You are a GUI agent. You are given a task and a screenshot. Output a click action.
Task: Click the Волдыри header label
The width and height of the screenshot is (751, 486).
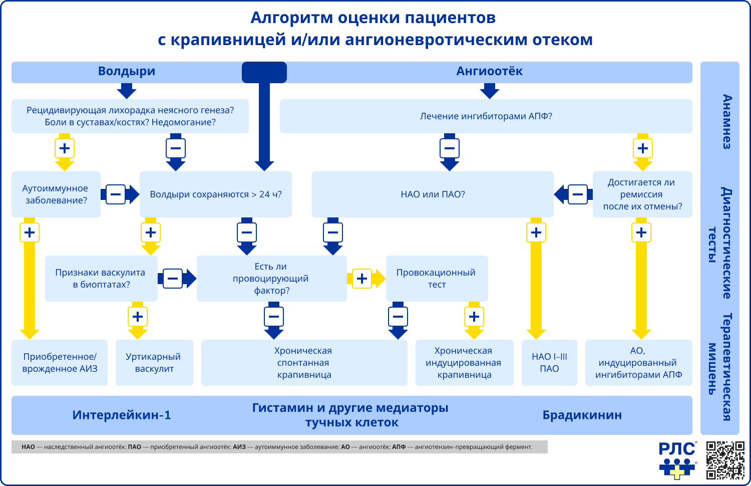[127, 72]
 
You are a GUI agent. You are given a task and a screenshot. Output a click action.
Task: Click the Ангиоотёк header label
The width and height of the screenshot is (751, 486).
[489, 72]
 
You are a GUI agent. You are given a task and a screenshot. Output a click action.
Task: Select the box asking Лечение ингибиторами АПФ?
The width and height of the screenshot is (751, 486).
[486, 116]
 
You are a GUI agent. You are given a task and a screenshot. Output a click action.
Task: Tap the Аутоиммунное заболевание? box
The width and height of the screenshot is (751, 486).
[56, 194]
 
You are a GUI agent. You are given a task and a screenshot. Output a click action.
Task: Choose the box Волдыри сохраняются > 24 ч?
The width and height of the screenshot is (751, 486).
[216, 194]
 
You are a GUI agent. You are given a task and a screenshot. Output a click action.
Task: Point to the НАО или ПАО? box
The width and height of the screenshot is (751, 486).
[433, 194]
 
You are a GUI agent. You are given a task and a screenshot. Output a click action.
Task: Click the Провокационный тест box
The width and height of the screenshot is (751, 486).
[437, 279]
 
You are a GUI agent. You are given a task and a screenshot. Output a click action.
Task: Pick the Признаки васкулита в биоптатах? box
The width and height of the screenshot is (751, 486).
[101, 279]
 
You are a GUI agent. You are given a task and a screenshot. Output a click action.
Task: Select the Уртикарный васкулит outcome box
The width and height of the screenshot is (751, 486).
[154, 363]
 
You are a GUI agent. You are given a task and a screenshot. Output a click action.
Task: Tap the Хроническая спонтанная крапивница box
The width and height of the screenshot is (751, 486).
[304, 363]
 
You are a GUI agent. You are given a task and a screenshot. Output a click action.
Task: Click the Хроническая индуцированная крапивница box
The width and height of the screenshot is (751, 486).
[464, 363]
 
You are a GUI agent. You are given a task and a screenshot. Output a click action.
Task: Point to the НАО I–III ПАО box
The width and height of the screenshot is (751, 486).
[549, 363]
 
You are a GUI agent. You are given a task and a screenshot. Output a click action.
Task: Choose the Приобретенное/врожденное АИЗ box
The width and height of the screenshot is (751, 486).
[60, 363]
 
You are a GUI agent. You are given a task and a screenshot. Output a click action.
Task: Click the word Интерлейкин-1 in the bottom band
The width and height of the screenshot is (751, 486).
[122, 415]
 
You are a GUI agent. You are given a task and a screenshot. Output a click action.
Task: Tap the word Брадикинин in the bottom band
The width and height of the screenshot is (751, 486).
[582, 415]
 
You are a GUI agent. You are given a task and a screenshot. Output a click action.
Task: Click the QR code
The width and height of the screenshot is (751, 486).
[725, 460]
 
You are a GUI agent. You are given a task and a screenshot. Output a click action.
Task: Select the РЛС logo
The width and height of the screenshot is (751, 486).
[677, 460]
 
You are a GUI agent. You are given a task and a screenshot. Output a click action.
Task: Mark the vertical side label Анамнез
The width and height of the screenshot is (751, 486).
[727, 122]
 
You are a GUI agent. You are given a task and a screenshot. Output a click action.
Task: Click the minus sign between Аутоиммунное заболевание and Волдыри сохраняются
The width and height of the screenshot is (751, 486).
[116, 194]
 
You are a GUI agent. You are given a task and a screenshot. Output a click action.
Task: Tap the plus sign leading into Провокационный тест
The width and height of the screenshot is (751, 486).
[362, 279]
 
